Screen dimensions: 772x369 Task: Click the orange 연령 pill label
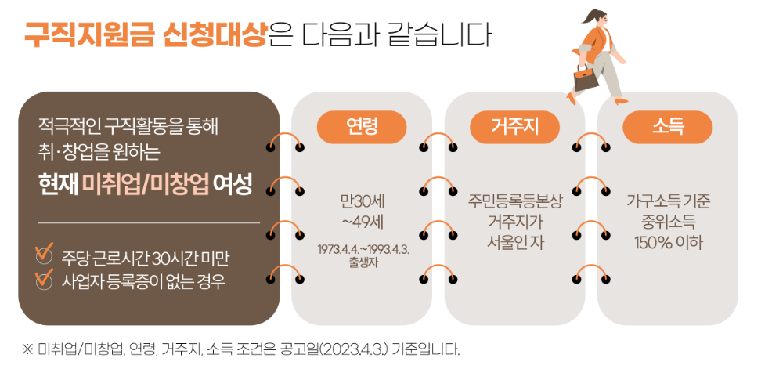[361, 127]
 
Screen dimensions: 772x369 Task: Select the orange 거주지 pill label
[514, 127]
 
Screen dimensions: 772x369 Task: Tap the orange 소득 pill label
[667, 127]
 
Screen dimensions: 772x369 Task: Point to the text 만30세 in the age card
[361, 199]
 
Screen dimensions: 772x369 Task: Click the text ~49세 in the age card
[361, 220]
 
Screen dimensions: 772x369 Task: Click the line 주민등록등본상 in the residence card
[514, 199]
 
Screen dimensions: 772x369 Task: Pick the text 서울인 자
[514, 241]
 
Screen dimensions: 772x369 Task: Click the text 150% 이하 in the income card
[667, 241]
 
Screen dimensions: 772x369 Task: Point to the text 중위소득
[667, 220]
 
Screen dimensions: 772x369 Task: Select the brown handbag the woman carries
[583, 78]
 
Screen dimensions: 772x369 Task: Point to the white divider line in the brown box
[148, 223]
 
